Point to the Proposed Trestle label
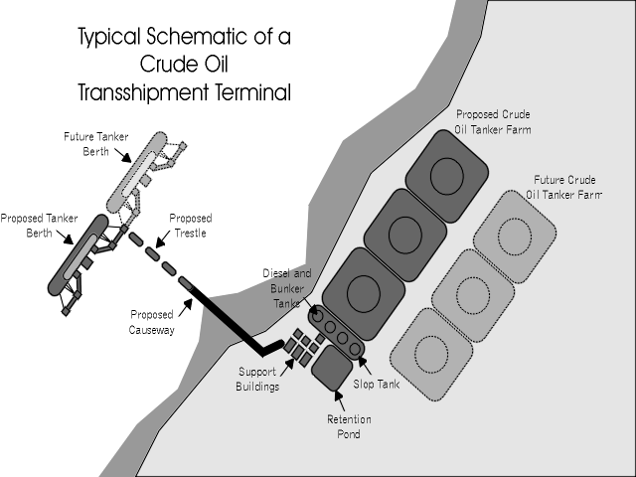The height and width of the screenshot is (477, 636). pos(190,226)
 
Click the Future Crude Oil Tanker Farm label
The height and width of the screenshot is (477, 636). pos(563,187)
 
